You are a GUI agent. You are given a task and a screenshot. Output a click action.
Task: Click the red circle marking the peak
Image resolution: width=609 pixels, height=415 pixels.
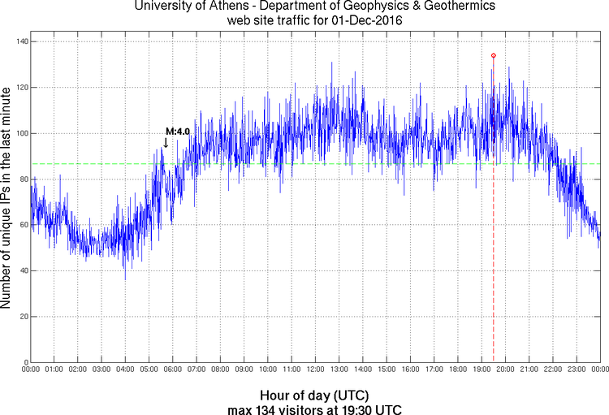tap(493, 55)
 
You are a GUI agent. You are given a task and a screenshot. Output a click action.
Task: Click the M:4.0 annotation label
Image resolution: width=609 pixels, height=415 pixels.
tap(177, 131)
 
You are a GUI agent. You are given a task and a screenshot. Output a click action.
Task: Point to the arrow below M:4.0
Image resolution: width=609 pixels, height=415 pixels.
tap(166, 143)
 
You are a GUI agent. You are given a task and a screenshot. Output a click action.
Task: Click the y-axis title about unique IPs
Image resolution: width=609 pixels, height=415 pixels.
tap(7, 200)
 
